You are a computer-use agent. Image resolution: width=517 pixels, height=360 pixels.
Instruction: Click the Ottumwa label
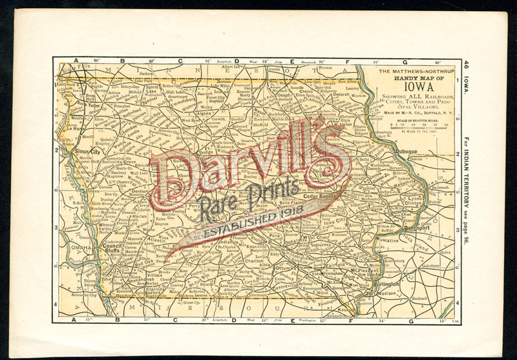tap(286, 267)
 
